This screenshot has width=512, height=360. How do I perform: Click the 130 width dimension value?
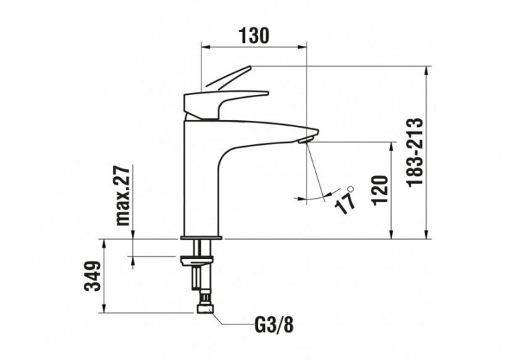254,35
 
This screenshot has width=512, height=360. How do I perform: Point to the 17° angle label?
346,199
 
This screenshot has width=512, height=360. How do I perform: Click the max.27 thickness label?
123,196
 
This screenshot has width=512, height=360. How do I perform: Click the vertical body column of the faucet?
201,178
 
